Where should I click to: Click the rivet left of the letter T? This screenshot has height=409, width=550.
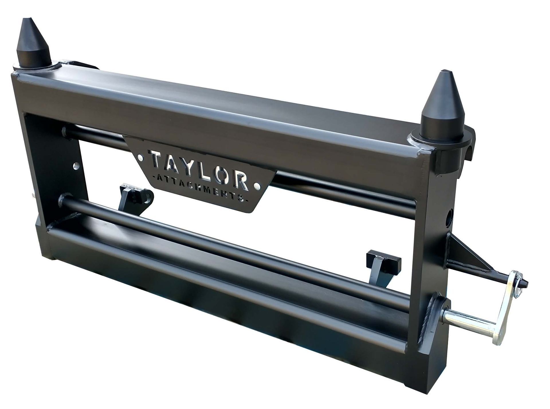pyautogui.click(x=140, y=157)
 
